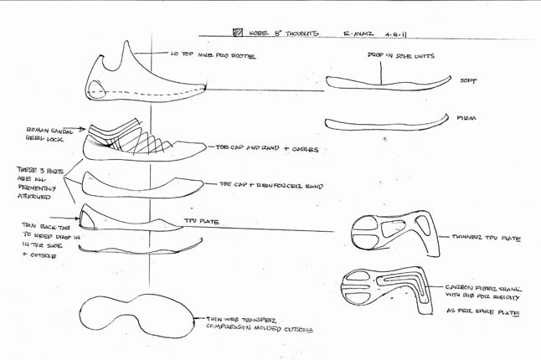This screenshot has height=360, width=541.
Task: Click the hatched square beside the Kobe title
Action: [x=236, y=37]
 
